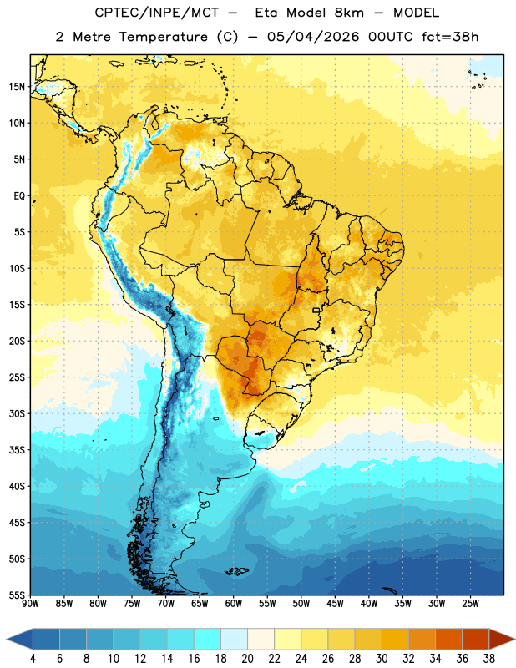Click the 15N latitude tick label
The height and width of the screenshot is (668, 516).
[x=17, y=87]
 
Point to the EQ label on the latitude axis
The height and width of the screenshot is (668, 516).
[x=19, y=196]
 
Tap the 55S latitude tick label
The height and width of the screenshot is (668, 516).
[x=17, y=595]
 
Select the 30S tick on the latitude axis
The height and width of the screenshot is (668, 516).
[x=17, y=413]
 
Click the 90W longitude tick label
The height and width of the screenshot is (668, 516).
[x=30, y=603]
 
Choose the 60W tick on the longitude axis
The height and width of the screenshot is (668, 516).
[x=234, y=603]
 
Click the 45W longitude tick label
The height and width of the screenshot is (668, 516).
[x=335, y=603]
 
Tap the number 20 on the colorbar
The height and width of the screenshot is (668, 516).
[x=247, y=659]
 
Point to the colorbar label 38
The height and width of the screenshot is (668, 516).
[x=489, y=659]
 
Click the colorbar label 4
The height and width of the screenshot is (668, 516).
[x=33, y=659]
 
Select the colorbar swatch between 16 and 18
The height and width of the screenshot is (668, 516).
[x=208, y=639]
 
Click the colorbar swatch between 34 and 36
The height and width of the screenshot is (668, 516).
[x=449, y=639]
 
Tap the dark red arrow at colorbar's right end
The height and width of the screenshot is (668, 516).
[x=501, y=639]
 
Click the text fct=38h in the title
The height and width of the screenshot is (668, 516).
[x=450, y=37]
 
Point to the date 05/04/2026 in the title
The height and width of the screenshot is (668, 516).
[x=313, y=37]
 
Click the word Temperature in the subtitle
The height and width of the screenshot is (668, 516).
[x=163, y=37]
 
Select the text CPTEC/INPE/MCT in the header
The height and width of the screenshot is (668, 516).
[x=157, y=13]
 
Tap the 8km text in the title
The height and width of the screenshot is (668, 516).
[x=349, y=13]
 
